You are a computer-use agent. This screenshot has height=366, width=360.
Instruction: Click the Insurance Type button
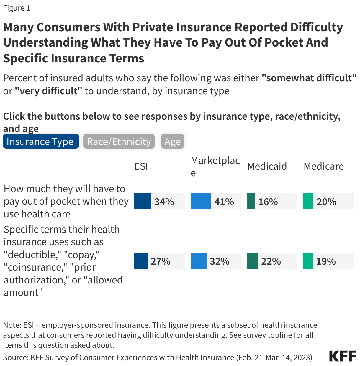point(41,141)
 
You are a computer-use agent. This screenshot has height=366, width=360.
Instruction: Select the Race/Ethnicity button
point(119,141)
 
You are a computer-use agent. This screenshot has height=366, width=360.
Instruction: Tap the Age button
point(172,141)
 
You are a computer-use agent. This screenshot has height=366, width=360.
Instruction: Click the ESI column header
point(141,166)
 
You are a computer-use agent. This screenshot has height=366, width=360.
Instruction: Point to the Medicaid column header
point(267,166)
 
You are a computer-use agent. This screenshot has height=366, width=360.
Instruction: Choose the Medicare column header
point(324,166)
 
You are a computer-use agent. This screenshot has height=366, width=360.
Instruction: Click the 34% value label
point(164,202)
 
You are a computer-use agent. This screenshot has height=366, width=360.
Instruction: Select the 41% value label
point(224,202)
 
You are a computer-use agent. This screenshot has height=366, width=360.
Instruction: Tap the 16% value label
point(268,202)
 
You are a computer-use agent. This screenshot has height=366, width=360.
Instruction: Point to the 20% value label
point(326,202)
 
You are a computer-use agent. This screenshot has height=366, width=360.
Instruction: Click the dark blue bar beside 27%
point(140,261)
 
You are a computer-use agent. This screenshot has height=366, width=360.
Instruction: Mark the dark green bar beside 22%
point(252,261)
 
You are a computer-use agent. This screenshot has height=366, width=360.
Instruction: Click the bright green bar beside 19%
point(308,261)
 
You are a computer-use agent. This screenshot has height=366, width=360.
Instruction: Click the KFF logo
point(342,356)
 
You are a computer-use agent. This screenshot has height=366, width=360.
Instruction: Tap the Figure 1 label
point(17,8)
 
